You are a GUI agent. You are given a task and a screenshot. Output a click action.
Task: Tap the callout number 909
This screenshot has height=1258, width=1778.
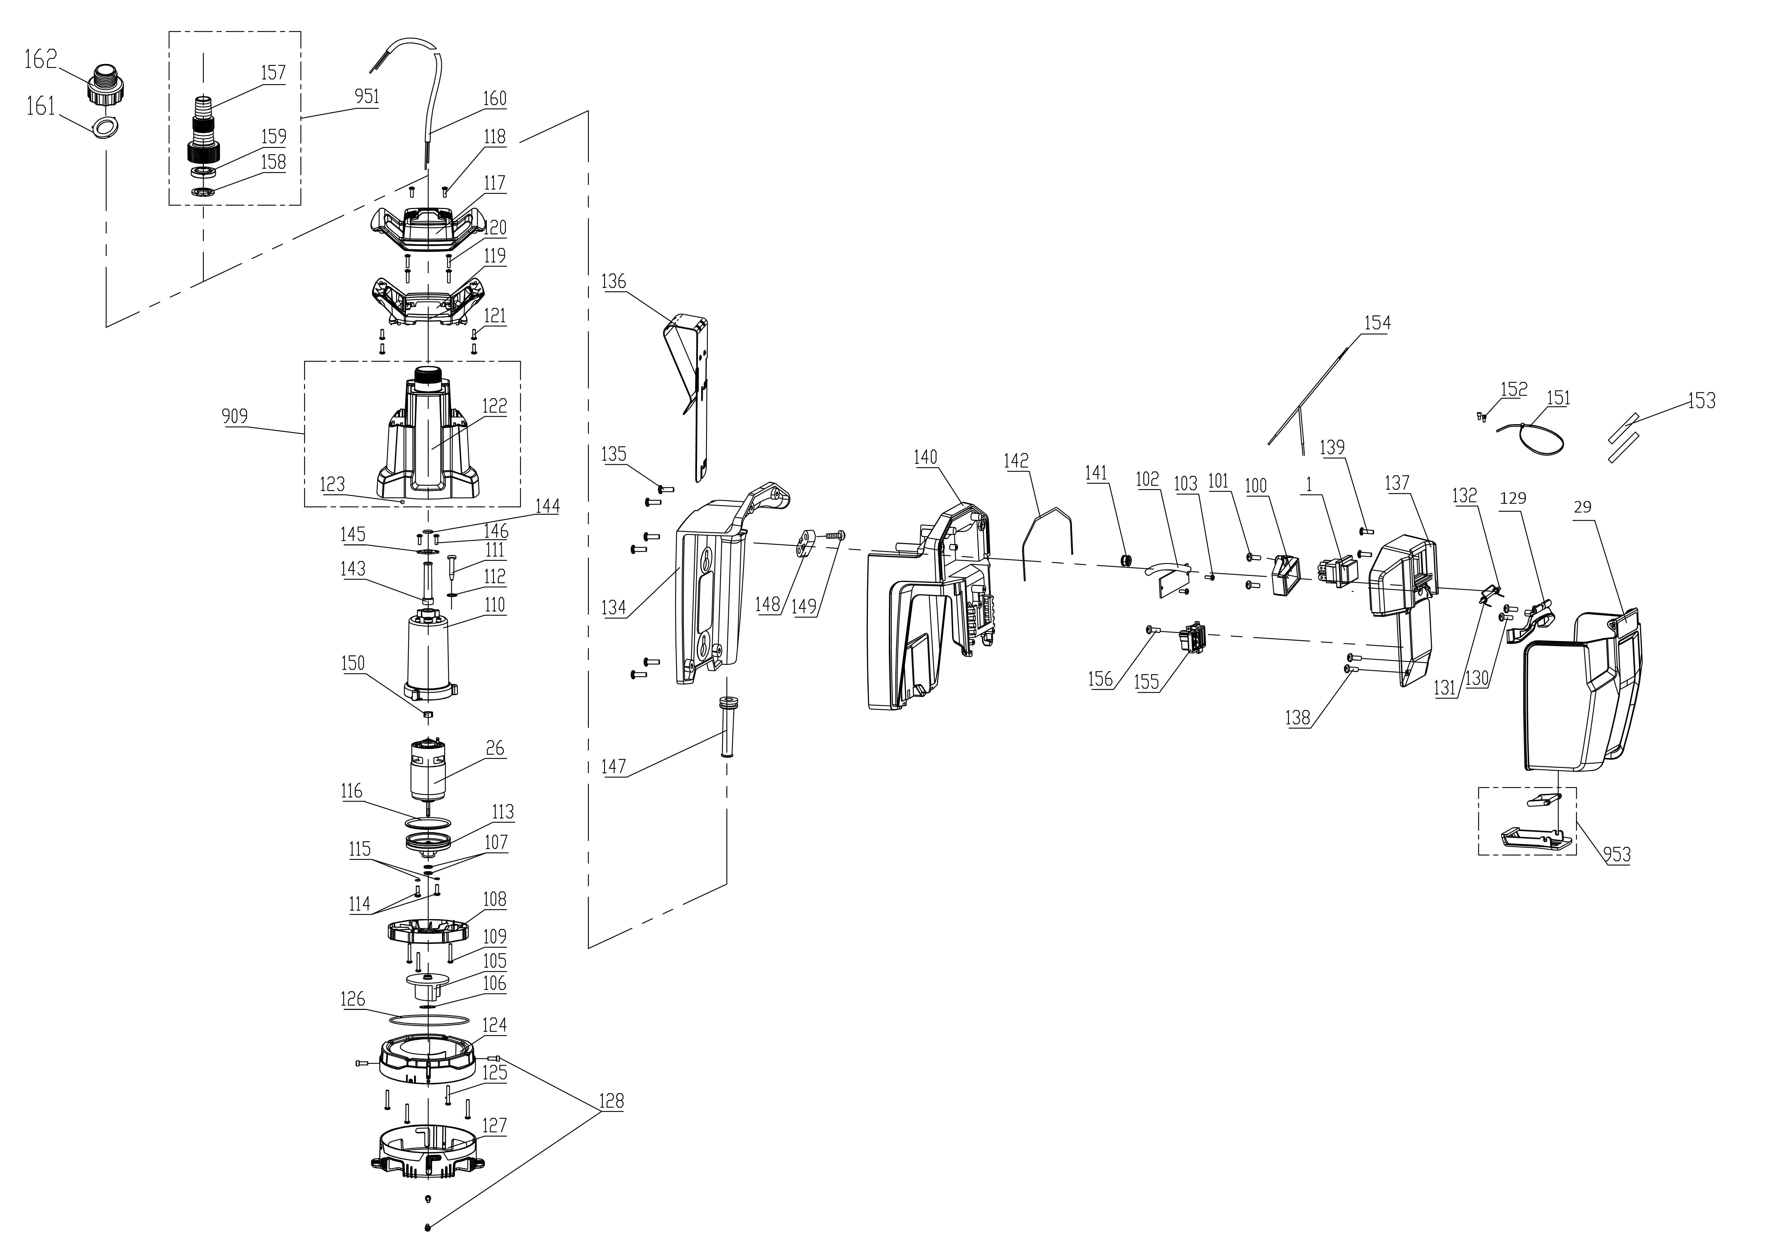[x=235, y=417]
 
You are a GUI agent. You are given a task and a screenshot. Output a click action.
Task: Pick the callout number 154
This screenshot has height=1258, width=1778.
[x=1377, y=323]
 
